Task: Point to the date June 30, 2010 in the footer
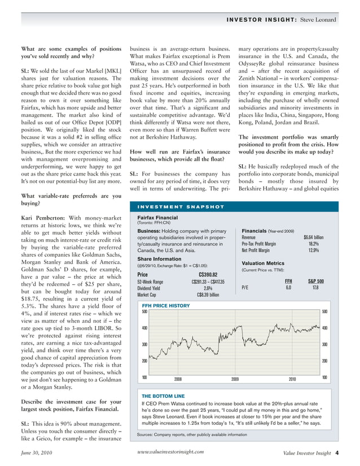tap(37, 452)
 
